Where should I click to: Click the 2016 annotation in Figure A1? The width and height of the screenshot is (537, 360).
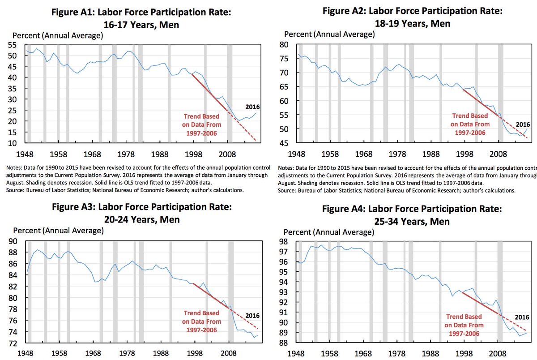point(252,107)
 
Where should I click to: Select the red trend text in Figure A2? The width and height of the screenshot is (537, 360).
point(470,124)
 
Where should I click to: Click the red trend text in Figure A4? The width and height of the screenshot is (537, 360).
point(464,325)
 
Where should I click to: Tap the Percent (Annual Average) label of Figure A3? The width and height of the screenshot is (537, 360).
point(59,231)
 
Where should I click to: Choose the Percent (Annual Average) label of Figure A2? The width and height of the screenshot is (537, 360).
point(329,34)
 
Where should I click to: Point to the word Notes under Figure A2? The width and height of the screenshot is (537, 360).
point(287,168)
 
